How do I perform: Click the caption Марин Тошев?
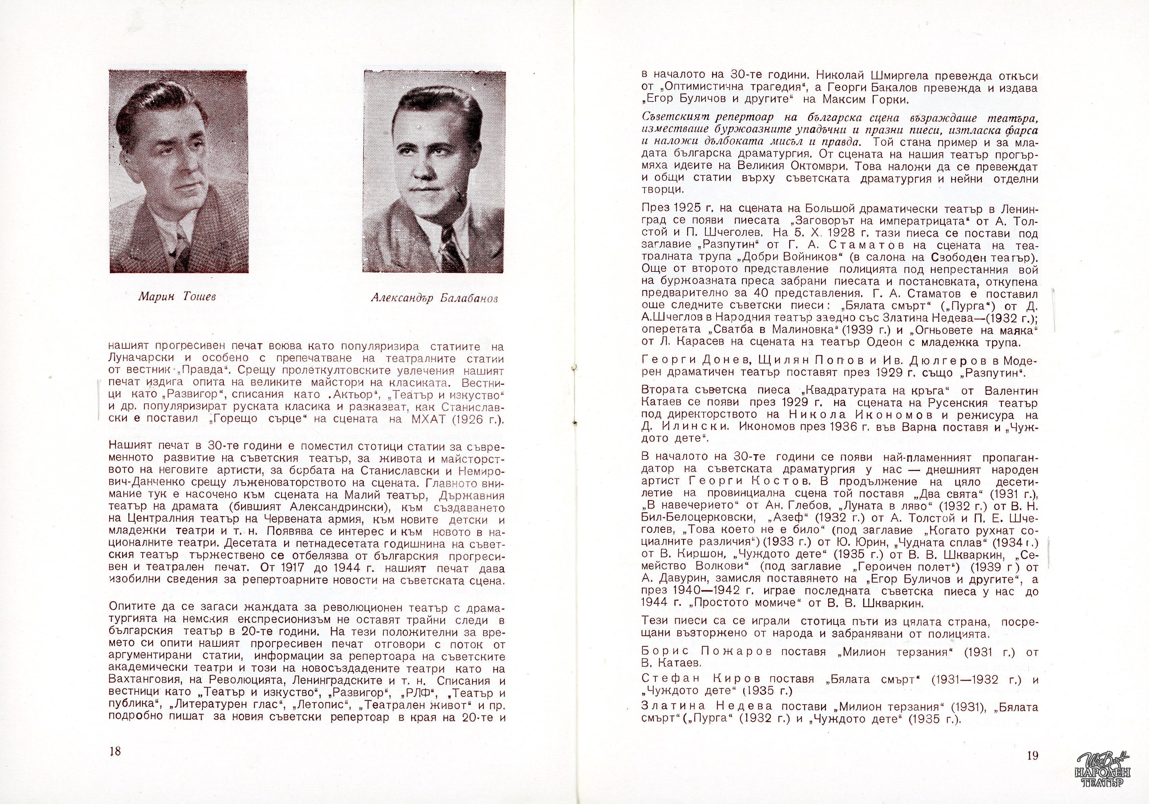[177, 297]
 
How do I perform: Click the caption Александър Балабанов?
[435, 298]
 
